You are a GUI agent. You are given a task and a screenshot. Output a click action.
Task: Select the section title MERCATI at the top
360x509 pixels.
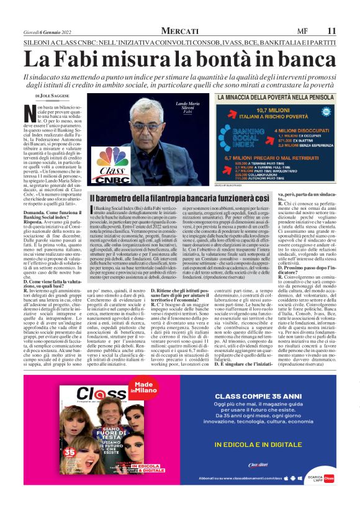pyautogui.click(x=180, y=30)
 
